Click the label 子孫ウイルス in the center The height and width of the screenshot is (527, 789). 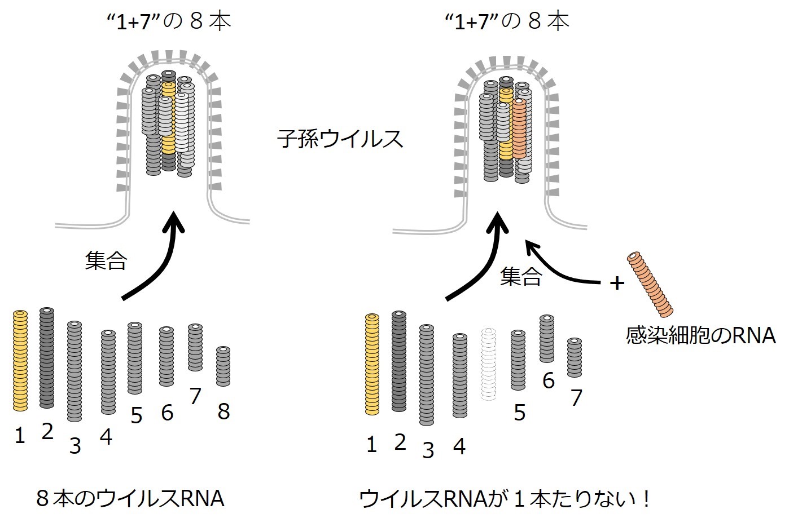[340, 138]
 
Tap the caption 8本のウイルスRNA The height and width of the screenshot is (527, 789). [130, 499]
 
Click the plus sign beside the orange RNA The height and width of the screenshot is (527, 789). [617, 283]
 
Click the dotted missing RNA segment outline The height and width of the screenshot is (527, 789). [489, 364]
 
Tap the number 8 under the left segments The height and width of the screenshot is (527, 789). [223, 412]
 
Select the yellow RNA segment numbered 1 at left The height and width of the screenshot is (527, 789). [20, 360]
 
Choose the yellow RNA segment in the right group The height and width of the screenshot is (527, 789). [372, 364]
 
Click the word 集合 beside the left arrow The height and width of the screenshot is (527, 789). [106, 260]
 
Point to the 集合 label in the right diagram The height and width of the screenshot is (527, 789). [521, 276]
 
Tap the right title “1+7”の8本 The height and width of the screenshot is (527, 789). [506, 21]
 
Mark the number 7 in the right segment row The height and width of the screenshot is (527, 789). [576, 398]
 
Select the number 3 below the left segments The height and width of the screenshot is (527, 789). [74, 446]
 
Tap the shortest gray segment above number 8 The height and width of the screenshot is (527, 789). [223, 366]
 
